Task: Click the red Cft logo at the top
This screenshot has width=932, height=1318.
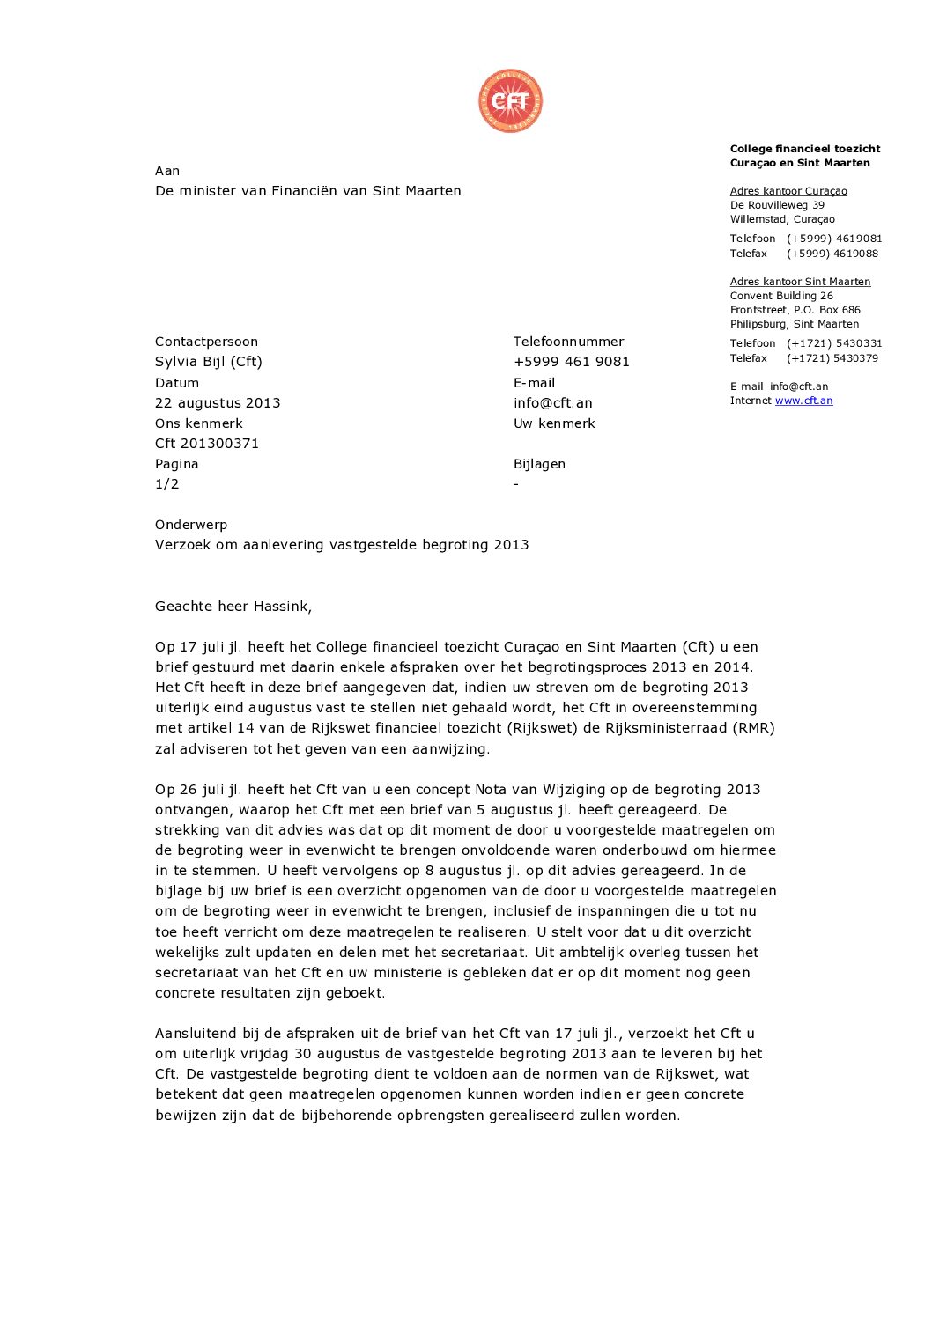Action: tap(510, 101)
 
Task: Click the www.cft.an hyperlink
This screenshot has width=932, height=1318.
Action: tap(803, 401)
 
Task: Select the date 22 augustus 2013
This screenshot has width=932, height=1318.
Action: tap(218, 403)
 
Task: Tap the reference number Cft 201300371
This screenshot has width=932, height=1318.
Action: tap(207, 444)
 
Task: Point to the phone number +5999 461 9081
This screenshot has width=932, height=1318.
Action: tap(572, 362)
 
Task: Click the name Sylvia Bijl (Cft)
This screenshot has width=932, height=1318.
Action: tap(209, 362)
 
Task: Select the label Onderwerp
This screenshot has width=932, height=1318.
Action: tap(191, 525)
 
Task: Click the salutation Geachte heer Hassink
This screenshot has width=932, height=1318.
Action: tap(233, 606)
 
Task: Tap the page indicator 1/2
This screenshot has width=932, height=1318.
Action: tap(167, 484)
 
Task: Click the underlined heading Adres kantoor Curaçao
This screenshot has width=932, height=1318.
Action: tap(788, 191)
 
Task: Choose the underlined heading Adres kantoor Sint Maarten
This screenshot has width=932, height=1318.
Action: tap(800, 282)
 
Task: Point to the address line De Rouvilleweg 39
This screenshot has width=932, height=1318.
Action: tap(777, 205)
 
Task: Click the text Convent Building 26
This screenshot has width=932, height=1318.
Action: tap(781, 296)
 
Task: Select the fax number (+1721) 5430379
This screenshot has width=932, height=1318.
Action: tap(832, 358)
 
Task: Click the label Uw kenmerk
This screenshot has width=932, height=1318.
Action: tap(554, 423)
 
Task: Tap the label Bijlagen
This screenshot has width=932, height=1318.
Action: tap(539, 464)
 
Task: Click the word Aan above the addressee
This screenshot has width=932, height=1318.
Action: tap(167, 171)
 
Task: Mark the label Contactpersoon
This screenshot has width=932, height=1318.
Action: tap(206, 342)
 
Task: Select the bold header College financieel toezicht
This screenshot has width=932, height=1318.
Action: tap(805, 149)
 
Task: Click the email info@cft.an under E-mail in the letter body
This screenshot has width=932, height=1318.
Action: tap(553, 403)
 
